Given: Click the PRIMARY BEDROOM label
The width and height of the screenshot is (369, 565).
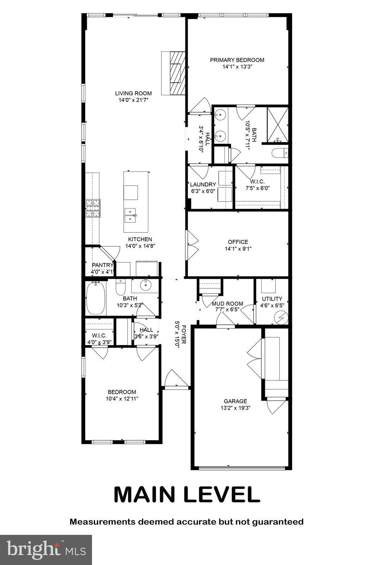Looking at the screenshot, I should pos(237,60).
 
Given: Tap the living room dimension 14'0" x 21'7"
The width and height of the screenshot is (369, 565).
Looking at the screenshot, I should pos(133,100).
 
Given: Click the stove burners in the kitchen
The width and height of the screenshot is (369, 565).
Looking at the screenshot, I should pos(93,208).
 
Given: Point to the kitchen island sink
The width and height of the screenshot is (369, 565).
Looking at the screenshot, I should pos(130,215).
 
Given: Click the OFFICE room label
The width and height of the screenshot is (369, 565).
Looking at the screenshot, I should pos(238,242).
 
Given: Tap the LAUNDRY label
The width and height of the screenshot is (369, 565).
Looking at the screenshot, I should pos(203,185).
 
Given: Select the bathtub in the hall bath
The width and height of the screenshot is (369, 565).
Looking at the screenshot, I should pos(96,298).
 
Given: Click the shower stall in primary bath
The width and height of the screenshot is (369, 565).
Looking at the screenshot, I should pos(277,124).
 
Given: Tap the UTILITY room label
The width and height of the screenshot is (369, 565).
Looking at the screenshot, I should pos(272,299).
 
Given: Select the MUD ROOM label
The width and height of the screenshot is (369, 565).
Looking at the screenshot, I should pos(227,303).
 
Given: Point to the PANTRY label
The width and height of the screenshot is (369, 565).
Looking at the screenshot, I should pos(103,265).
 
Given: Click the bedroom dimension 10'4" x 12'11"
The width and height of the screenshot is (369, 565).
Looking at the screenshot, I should pos(122,398).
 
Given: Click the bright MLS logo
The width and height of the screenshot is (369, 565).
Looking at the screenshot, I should pos(46,550).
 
